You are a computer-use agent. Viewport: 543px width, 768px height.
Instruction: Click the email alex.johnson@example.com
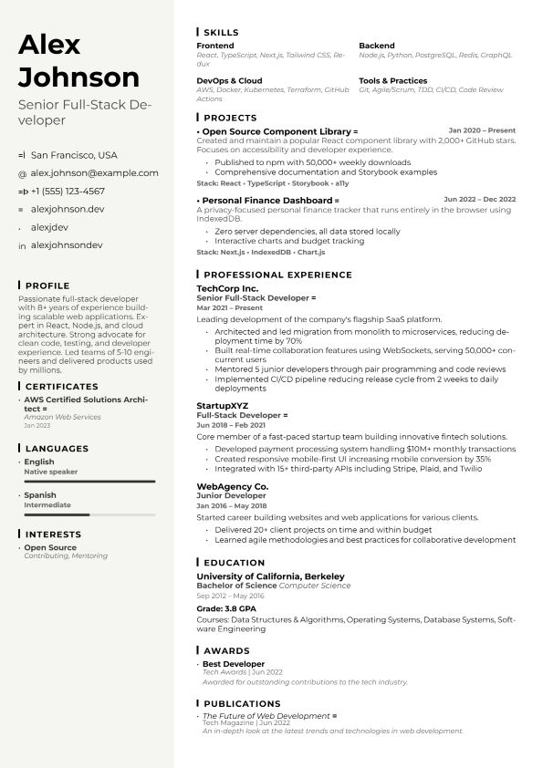94,172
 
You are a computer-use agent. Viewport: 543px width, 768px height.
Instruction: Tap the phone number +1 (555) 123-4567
68,192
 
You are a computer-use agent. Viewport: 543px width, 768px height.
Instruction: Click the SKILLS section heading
221,32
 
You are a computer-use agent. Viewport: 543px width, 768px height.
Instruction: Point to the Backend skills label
377,46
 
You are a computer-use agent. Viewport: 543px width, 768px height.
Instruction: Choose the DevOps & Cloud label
229,80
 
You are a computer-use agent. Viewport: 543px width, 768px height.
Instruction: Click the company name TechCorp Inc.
227,288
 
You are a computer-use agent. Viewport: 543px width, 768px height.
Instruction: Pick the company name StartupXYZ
223,405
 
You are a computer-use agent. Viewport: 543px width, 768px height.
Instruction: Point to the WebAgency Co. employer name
233,486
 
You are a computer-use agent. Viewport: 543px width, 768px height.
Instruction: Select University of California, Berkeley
271,576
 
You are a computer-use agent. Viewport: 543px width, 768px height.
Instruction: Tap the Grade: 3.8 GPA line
226,607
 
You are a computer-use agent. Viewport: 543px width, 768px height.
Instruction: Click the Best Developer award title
234,664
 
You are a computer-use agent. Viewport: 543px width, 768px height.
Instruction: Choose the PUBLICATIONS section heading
242,704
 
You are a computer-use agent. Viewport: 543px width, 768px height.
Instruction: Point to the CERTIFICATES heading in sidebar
61,387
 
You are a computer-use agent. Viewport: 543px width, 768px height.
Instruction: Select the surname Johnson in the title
79,77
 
